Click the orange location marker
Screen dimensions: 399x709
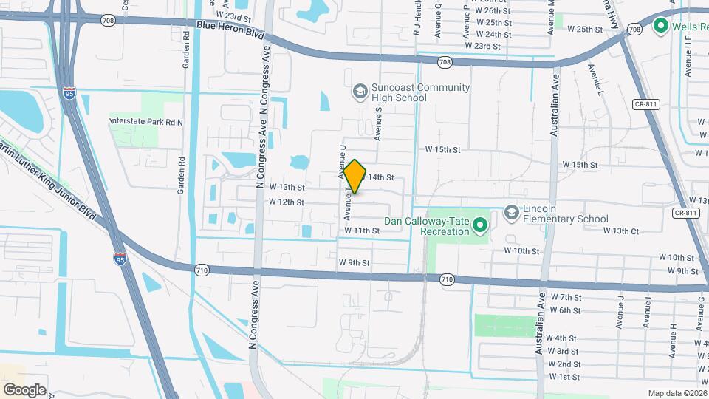pos(355,177)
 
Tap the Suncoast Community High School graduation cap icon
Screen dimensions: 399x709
pos(360,91)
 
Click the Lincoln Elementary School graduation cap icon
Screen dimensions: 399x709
pos(511,213)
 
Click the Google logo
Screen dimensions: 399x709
pos(24,389)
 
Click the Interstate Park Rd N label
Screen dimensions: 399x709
pos(145,121)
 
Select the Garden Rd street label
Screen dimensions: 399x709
pos(181,175)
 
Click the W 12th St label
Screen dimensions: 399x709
pos(287,202)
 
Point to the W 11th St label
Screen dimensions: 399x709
pos(361,231)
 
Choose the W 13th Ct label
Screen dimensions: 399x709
pos(621,231)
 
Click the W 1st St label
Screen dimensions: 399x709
pos(564,377)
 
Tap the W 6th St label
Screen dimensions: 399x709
pos(565,310)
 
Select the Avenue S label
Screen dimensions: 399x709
pos(377,123)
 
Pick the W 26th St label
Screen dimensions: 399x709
pos(493,11)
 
